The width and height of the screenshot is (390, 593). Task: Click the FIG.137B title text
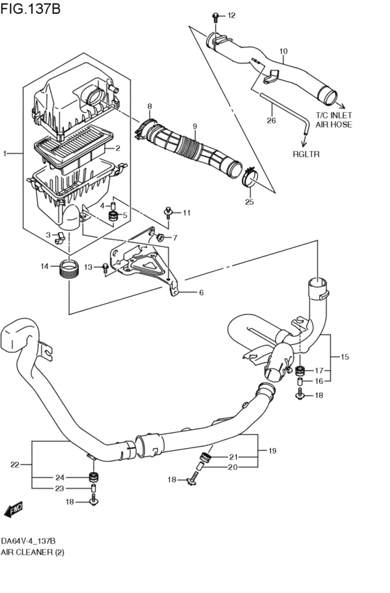pyautogui.click(x=31, y=8)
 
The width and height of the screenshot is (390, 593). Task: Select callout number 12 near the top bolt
pyautogui.click(x=231, y=15)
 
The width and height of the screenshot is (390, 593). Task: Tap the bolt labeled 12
pyautogui.click(x=215, y=16)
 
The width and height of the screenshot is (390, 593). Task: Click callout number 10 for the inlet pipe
pyautogui.click(x=283, y=51)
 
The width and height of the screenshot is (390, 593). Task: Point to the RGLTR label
pyautogui.click(x=306, y=154)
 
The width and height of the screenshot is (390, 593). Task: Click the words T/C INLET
pyautogui.click(x=334, y=115)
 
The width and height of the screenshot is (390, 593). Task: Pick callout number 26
pyautogui.click(x=272, y=121)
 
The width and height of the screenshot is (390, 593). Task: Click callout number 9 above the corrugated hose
pyautogui.click(x=194, y=126)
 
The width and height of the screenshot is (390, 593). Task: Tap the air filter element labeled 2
pyautogui.click(x=74, y=148)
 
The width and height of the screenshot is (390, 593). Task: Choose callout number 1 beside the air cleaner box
pyautogui.click(x=5, y=153)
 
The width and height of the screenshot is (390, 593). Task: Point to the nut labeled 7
pyautogui.click(x=160, y=238)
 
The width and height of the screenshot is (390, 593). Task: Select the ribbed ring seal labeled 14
pyautogui.click(x=69, y=268)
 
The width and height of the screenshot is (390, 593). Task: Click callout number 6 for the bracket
pyautogui.click(x=201, y=293)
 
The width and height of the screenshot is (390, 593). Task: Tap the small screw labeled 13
pyautogui.click(x=105, y=268)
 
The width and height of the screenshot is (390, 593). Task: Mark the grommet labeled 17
pyautogui.click(x=301, y=370)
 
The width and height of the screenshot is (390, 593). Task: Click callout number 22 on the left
pyautogui.click(x=15, y=465)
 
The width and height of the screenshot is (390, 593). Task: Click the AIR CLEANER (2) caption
pyautogui.click(x=33, y=552)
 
